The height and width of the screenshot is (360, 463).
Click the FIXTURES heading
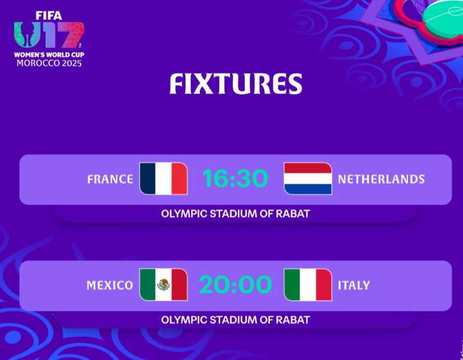235,84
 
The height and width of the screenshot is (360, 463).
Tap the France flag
163,179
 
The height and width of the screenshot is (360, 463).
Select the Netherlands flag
307,179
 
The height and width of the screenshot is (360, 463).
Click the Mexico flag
163,285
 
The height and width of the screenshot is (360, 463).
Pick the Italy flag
307,285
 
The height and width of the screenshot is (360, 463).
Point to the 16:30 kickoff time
235,179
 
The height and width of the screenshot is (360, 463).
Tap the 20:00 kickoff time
235,285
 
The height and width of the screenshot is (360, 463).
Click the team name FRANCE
110,179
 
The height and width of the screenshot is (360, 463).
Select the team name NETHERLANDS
381,179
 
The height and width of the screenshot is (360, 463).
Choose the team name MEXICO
109,285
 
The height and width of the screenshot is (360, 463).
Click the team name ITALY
354,285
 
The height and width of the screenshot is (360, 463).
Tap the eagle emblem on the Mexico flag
163,285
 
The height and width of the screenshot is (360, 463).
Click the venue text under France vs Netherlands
235,213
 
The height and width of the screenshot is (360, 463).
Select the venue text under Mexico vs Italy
235,319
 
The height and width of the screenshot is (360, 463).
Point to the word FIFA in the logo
48,16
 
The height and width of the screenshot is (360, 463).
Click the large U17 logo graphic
49,36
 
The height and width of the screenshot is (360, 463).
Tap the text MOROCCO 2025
49,63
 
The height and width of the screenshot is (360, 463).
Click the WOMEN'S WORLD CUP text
49,54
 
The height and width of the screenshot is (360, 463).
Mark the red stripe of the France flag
179,179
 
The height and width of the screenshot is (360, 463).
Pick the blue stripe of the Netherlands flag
307,189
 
